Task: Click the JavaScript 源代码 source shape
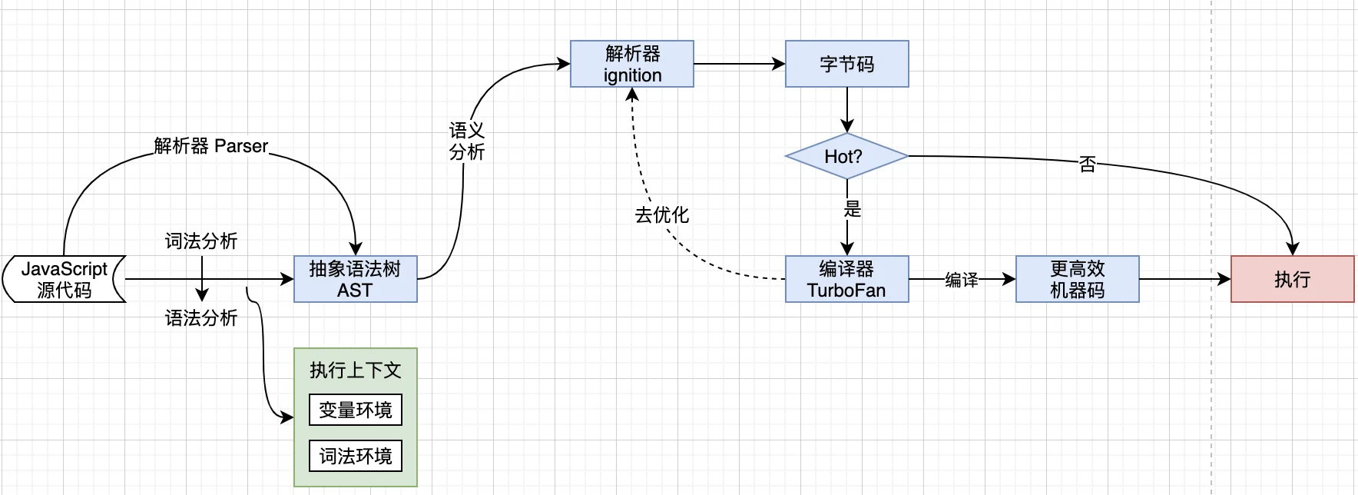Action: click(x=64, y=279)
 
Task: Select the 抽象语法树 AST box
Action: click(x=355, y=279)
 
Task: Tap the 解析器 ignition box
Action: click(x=631, y=64)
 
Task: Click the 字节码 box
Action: click(x=846, y=64)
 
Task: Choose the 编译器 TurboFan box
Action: click(x=846, y=279)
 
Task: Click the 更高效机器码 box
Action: click(x=1077, y=279)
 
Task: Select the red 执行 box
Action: click(x=1292, y=279)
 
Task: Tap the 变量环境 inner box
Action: click(x=355, y=410)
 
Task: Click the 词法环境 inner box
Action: click(x=355, y=456)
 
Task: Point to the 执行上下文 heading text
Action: click(x=355, y=370)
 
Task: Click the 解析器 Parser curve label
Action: click(x=211, y=146)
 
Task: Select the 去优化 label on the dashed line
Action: click(x=661, y=215)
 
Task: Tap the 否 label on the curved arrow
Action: click(x=1087, y=164)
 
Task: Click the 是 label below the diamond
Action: click(x=852, y=208)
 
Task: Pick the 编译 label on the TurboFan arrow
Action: click(x=961, y=280)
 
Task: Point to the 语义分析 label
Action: click(x=466, y=141)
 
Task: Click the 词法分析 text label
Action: click(x=201, y=241)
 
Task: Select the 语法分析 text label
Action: click(x=201, y=318)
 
